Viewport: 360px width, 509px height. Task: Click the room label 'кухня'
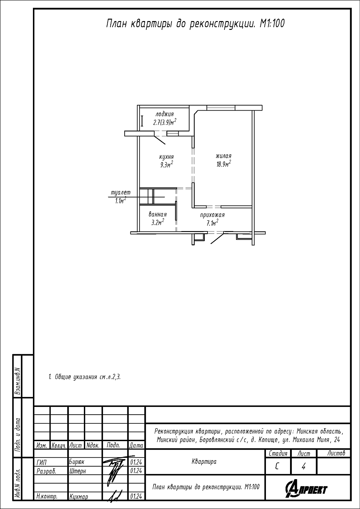tap(166, 157)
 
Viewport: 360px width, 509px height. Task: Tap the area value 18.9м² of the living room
tap(223, 164)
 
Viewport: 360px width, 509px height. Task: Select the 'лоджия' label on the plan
tap(165, 114)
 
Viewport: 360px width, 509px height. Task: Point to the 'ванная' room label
tap(158, 214)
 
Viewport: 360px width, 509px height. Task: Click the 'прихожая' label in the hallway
tap(212, 215)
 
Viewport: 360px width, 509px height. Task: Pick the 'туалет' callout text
tap(121, 192)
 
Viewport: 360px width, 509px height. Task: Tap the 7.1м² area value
tap(212, 223)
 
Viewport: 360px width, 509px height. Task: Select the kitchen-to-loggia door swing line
tap(160, 140)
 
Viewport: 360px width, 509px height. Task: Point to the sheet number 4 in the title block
tap(303, 467)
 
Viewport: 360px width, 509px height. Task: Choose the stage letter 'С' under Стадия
tap(277, 467)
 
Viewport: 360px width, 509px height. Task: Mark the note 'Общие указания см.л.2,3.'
tap(85, 377)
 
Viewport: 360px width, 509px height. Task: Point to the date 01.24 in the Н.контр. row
tap(136, 496)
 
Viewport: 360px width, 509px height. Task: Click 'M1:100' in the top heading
tap(272, 24)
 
